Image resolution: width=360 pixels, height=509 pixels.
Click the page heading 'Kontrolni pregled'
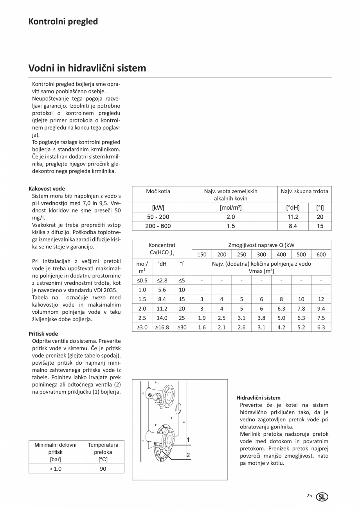(63, 22)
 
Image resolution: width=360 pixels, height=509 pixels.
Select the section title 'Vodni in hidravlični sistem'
(87, 68)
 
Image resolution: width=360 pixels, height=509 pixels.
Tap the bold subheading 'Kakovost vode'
(47, 189)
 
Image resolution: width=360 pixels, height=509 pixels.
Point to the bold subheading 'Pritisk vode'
(43, 334)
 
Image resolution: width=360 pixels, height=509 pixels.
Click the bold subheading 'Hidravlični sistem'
(258, 397)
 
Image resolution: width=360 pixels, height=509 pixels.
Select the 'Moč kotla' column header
(158, 191)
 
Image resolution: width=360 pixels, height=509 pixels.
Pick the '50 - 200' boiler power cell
(158, 217)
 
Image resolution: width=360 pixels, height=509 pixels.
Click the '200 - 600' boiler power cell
(158, 226)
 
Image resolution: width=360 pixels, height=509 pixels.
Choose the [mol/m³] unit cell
(230, 207)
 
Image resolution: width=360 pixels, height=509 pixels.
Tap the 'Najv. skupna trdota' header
(304, 191)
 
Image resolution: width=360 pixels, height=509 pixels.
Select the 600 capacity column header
(321, 254)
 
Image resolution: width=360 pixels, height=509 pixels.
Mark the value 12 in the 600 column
(321, 299)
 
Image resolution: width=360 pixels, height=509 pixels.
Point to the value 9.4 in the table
(321, 308)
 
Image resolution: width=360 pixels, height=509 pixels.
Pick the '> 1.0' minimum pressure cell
(55, 469)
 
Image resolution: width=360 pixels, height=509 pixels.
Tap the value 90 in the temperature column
(103, 469)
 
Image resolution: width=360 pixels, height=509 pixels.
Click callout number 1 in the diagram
(188, 440)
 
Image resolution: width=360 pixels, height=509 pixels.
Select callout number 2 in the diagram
(188, 455)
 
